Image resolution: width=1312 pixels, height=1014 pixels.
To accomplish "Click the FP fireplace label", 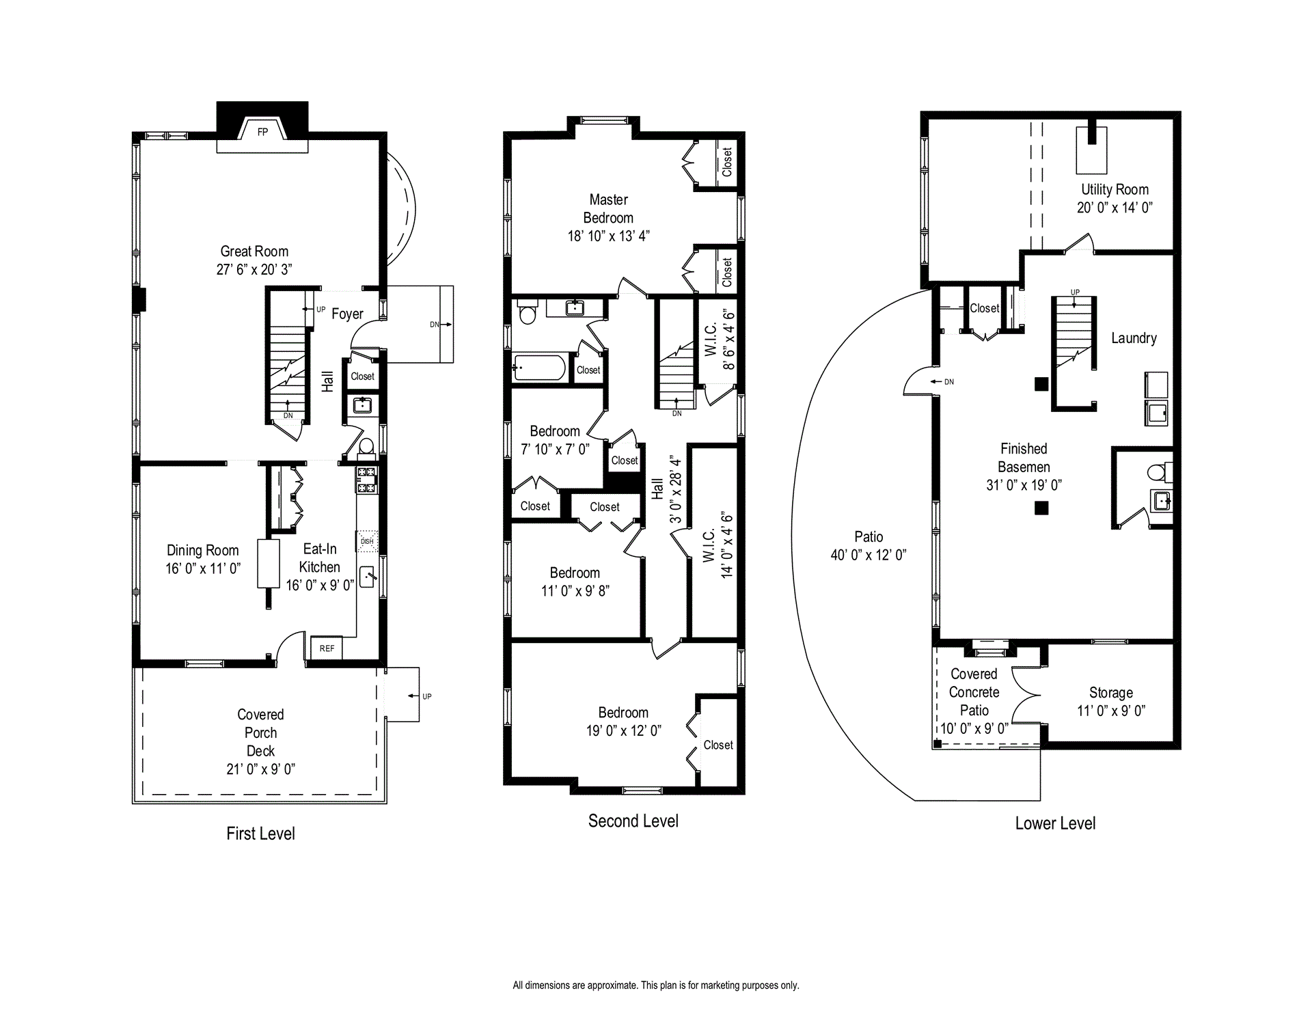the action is pyautogui.click(x=262, y=132).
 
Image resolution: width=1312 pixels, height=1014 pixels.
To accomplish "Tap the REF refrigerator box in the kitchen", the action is pyautogui.click(x=327, y=648).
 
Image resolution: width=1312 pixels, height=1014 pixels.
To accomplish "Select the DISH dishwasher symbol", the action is pyautogui.click(x=367, y=541).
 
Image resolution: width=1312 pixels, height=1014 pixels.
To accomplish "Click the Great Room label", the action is pyautogui.click(x=254, y=251).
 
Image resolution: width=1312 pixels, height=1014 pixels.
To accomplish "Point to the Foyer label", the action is pyautogui.click(x=347, y=314).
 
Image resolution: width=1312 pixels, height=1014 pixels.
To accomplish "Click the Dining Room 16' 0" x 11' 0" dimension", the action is pyautogui.click(x=203, y=568).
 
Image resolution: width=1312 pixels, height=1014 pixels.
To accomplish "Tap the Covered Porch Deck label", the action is pyautogui.click(x=260, y=732).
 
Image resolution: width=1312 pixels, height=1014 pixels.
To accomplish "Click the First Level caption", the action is pyautogui.click(x=260, y=834).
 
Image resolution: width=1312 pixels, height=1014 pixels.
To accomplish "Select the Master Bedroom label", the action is pyautogui.click(x=608, y=208).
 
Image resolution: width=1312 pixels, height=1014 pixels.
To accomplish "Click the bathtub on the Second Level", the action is pyautogui.click(x=539, y=368).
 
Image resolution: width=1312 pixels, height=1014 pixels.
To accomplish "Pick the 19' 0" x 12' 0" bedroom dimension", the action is pyautogui.click(x=623, y=730).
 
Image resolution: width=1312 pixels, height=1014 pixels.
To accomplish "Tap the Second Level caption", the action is pyautogui.click(x=633, y=821).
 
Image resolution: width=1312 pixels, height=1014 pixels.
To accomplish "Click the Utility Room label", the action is pyautogui.click(x=1115, y=189).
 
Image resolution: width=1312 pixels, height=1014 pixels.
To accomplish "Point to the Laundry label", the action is pyautogui.click(x=1134, y=338).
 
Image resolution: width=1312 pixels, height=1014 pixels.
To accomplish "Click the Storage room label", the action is pyautogui.click(x=1111, y=693).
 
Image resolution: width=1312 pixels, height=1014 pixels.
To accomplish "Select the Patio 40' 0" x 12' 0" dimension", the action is pyautogui.click(x=869, y=555).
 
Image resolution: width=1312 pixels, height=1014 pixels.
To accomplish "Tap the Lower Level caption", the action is pyautogui.click(x=1055, y=823).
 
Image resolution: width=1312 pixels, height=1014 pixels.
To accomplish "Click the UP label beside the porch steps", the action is pyautogui.click(x=427, y=696).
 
